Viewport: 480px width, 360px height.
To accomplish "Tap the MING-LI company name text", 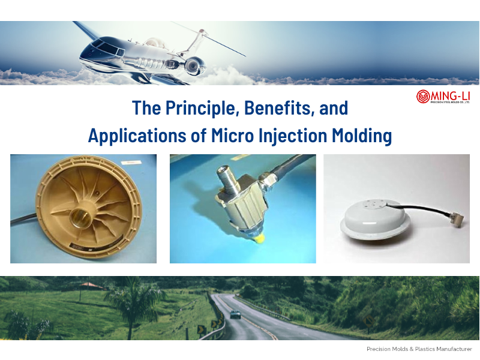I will pyautogui.click(x=450, y=95).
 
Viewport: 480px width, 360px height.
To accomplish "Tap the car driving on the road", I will pyautogui.click(x=236, y=314).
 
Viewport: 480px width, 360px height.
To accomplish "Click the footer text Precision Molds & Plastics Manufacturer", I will pyautogui.click(x=419, y=349).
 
